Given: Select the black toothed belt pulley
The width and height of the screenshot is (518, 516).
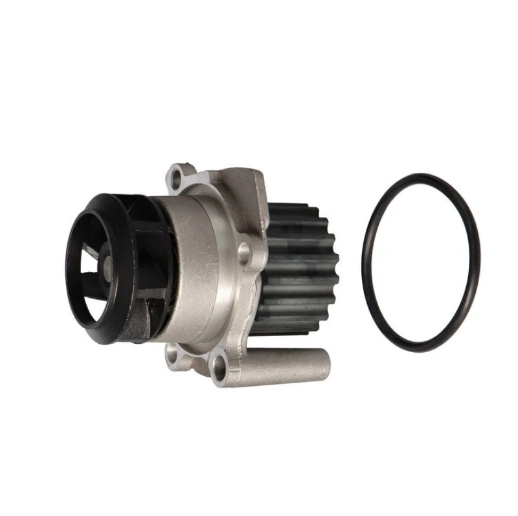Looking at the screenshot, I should pyautogui.click(x=298, y=265).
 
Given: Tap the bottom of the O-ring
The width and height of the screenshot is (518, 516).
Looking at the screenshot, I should pyautogui.click(x=422, y=350).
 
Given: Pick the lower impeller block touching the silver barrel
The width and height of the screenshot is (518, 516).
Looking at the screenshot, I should pyautogui.click(x=146, y=324).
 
